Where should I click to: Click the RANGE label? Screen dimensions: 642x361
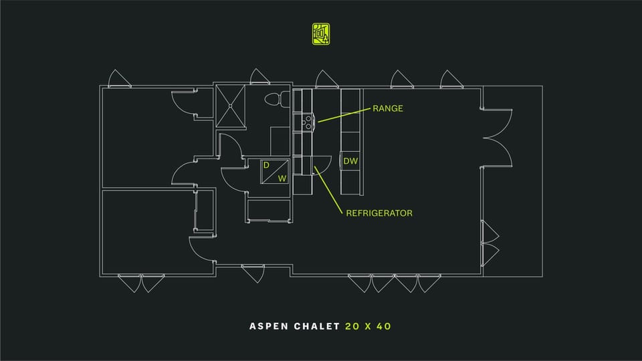[x=387, y=108]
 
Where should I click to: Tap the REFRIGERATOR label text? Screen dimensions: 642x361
[x=379, y=213]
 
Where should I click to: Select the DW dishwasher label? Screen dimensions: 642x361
[x=350, y=161]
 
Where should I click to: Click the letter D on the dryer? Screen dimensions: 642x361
[x=266, y=165]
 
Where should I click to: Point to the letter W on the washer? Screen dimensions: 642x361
[x=282, y=178]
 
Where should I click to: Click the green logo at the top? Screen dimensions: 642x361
[x=321, y=33]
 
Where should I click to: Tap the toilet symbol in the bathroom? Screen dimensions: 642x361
[x=277, y=99]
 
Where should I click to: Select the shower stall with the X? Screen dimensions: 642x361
[x=231, y=106]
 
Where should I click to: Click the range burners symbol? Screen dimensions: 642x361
[x=308, y=122]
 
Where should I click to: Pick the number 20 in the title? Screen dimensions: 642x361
[x=353, y=326]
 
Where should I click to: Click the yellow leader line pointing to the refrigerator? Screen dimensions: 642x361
[x=328, y=190]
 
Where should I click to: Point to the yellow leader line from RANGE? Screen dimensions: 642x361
[x=344, y=115]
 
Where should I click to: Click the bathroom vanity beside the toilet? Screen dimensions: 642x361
[x=280, y=141]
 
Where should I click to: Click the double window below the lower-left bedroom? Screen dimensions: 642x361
[x=141, y=283]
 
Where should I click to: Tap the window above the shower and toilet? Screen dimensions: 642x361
[x=259, y=77]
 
